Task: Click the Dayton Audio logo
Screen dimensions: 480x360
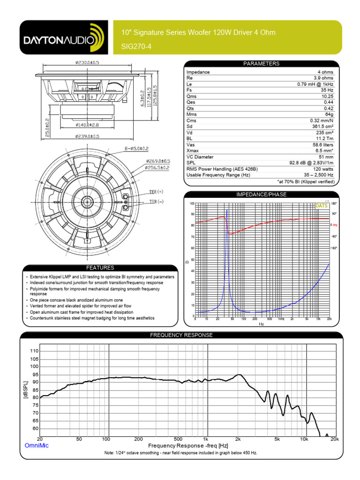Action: [x=63, y=40]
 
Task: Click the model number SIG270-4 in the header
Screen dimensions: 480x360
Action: [x=135, y=47]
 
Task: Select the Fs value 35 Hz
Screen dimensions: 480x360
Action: [x=327, y=90]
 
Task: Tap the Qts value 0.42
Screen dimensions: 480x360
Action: [x=328, y=108]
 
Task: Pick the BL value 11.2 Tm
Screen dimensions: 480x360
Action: [x=324, y=139]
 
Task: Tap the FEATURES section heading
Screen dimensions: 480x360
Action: [x=100, y=268]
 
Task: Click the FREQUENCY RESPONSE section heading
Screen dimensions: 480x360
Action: [x=181, y=335]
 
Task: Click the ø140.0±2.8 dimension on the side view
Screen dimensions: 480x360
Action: [x=87, y=125]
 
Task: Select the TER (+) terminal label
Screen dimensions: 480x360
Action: [x=156, y=192]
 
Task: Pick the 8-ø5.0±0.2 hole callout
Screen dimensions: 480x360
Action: [x=136, y=149]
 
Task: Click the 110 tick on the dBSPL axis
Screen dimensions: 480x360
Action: [x=34, y=351]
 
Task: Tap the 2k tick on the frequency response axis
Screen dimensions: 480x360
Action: [x=238, y=439]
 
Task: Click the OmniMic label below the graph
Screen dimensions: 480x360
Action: [x=36, y=445]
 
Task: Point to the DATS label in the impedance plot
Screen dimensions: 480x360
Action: [x=322, y=206]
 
